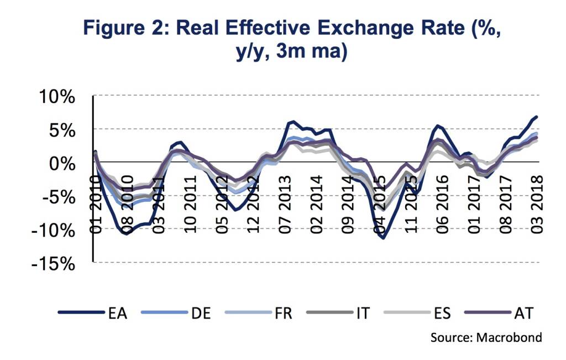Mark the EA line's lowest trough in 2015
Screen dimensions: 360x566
tap(382, 238)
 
